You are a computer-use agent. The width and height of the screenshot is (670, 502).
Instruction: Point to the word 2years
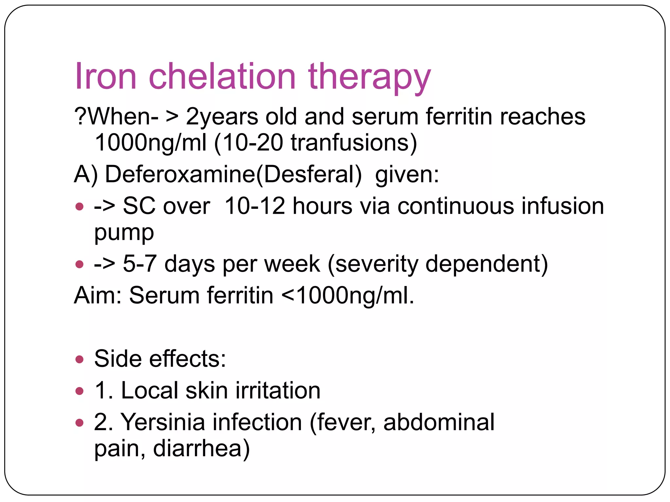point(222,117)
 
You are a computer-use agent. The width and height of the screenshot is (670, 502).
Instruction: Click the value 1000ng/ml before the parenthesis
point(150,143)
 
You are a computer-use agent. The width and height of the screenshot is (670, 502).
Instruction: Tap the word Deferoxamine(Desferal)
point(233,174)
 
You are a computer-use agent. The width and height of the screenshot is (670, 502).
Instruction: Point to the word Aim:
point(98,295)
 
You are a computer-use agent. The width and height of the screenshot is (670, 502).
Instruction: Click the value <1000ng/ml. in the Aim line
point(348,295)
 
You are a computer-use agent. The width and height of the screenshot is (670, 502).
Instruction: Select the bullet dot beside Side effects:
point(79,360)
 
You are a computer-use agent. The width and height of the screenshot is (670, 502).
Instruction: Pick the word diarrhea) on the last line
point(201,448)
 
